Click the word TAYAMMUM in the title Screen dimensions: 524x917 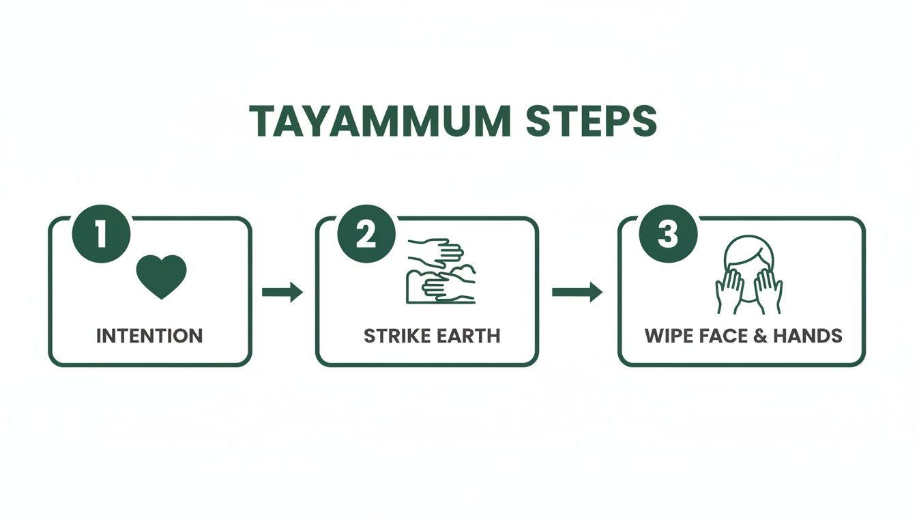point(379,121)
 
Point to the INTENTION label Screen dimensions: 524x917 point(149,336)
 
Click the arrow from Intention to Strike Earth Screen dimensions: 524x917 point(282,292)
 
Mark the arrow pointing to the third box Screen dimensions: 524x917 point(577,292)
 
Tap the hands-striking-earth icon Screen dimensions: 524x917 point(441,271)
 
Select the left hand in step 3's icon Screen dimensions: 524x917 point(728,290)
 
